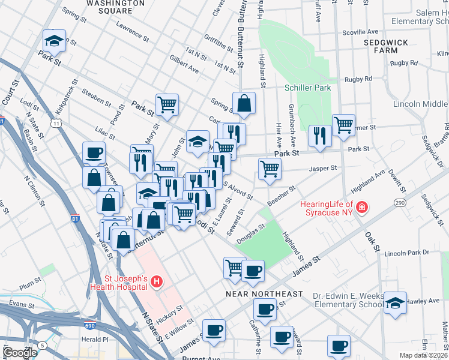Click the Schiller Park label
point(307,88)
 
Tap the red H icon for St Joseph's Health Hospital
point(156,281)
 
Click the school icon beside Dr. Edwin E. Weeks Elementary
point(395,302)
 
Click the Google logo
point(20,352)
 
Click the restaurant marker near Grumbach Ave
point(319,135)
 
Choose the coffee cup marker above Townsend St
point(94,152)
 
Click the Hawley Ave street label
point(426,301)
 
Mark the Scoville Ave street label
point(360,32)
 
